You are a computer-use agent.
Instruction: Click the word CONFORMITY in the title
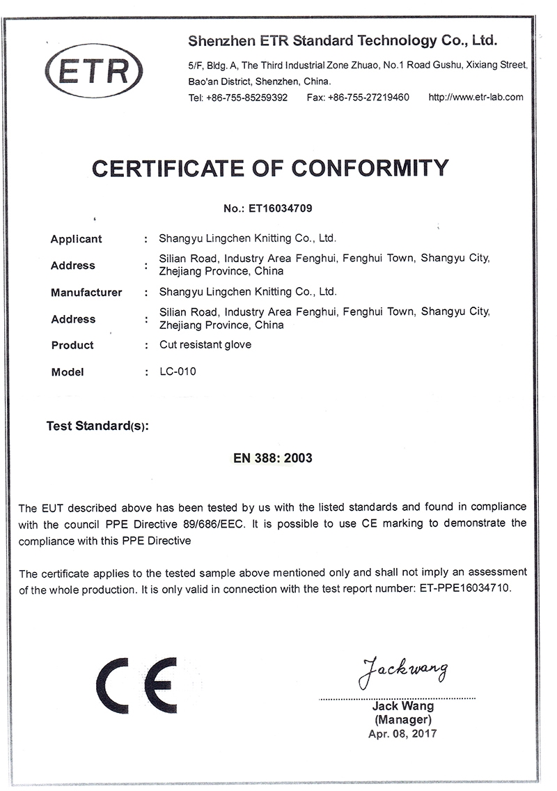[x=370, y=168]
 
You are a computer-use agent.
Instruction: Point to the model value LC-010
[x=178, y=371]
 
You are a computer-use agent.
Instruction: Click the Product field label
[x=72, y=345]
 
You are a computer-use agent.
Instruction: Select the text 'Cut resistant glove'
[x=205, y=344]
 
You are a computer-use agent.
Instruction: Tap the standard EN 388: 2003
[x=272, y=458]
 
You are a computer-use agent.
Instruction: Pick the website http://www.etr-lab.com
[x=476, y=97]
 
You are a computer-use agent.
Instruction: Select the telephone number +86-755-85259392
[x=247, y=98]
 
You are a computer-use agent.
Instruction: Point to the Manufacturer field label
[x=86, y=293]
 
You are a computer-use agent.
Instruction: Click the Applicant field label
[x=77, y=239]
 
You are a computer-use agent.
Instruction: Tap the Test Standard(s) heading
[x=97, y=426]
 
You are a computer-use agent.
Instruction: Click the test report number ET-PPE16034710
[x=465, y=588]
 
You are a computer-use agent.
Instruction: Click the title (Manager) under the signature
[x=403, y=719]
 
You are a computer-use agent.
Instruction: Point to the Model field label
[x=68, y=372]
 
